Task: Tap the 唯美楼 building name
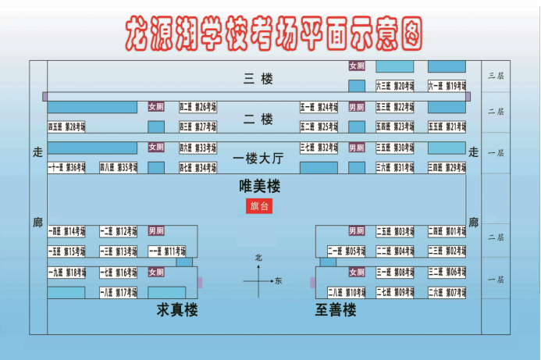click(x=259, y=187)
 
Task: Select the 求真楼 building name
click(x=177, y=311)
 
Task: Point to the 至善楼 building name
click(x=336, y=311)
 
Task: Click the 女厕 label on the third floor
click(x=357, y=66)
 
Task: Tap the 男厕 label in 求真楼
click(x=156, y=231)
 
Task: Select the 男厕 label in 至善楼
click(x=357, y=231)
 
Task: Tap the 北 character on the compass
click(x=258, y=258)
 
